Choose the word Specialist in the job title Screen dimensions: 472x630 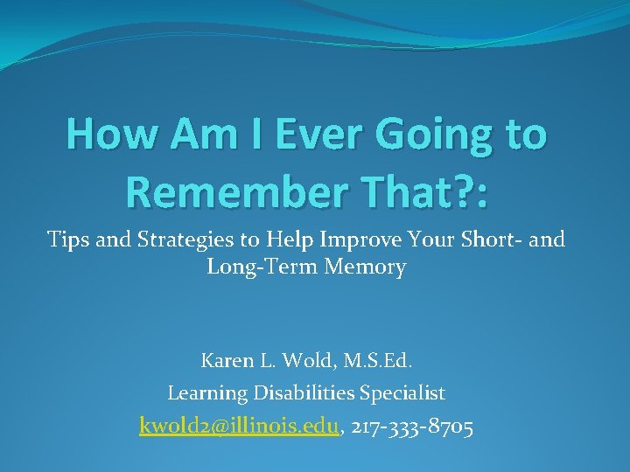406,394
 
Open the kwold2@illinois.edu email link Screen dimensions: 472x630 239,427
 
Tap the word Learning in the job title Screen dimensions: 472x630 206,394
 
